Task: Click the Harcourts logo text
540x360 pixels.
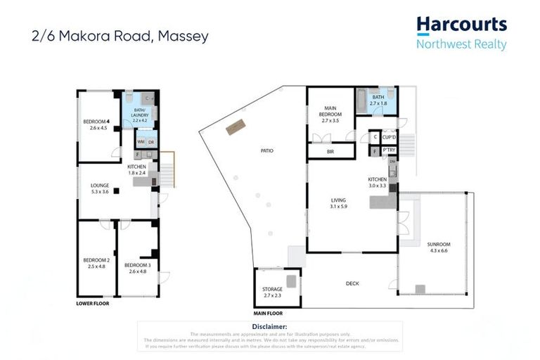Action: [461, 25]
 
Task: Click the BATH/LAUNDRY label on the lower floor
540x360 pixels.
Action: [139, 115]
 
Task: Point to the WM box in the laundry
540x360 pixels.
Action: [141, 142]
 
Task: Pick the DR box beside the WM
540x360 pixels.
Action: [151, 142]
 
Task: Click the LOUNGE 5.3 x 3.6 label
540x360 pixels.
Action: [99, 187]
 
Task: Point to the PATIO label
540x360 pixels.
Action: [266, 150]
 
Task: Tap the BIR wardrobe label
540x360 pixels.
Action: [330, 151]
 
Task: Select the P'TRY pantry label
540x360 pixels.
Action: [390, 151]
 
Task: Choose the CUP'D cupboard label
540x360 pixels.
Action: [390, 136]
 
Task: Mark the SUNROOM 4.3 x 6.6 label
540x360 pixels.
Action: [439, 247]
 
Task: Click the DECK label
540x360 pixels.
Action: [353, 283]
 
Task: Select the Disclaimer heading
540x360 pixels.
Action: [269, 327]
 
